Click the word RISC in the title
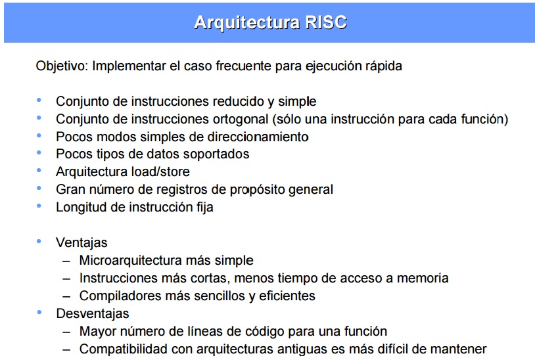pyautogui.click(x=326, y=23)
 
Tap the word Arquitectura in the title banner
pyautogui.click(x=248, y=23)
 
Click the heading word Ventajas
pyautogui.click(x=81, y=243)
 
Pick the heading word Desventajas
pyautogui.click(x=92, y=314)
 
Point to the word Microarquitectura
pyautogui.click(x=131, y=261)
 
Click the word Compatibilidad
pyautogui.click(x=122, y=349)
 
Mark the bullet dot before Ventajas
pyautogui.click(x=40, y=242)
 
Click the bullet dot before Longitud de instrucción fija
pyautogui.click(x=40, y=206)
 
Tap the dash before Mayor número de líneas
pyautogui.click(x=66, y=332)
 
